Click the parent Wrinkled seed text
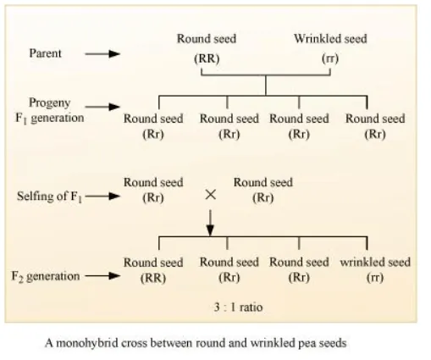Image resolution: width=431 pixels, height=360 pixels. pyautogui.click(x=329, y=39)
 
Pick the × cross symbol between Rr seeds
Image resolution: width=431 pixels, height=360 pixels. pyautogui.click(x=210, y=194)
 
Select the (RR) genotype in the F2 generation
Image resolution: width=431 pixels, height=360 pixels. pyautogui.click(x=152, y=277)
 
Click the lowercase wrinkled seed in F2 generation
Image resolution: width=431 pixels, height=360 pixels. pyautogui.click(x=375, y=263)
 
